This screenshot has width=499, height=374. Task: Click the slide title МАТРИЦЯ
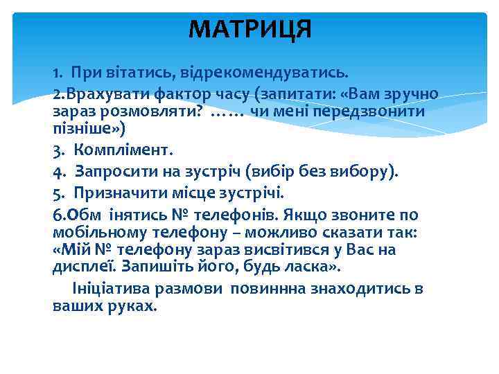250,30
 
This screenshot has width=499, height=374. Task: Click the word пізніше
82,128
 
